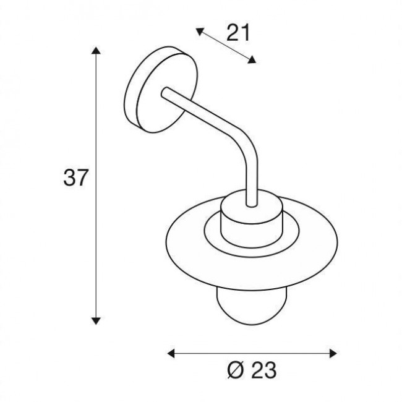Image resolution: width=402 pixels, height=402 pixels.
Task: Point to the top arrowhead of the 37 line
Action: coord(96,51)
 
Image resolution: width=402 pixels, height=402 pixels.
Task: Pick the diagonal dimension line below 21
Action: coord(226,45)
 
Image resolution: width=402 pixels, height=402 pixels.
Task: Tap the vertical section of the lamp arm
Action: coord(250,179)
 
